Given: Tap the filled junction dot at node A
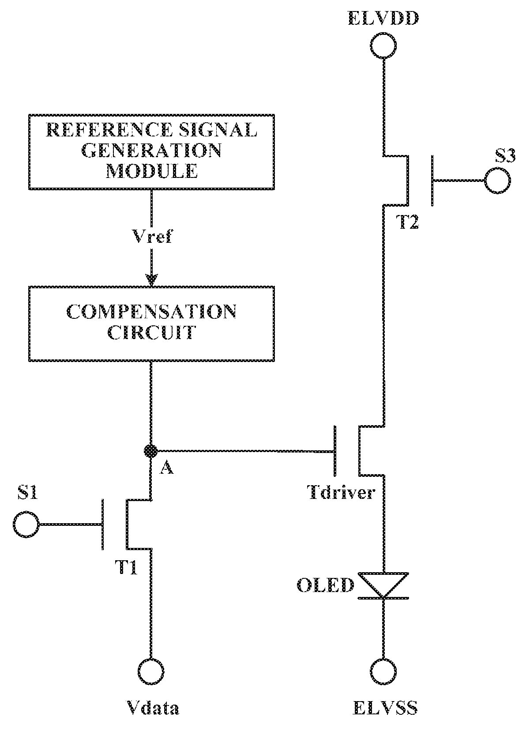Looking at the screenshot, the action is pyautogui.click(x=150, y=451).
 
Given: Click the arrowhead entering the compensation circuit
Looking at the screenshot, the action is pyautogui.click(x=151, y=280).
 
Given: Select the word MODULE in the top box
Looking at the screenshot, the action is pyautogui.click(x=152, y=170).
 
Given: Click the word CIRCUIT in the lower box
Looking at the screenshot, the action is pyautogui.click(x=152, y=332).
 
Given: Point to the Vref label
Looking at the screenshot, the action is pyautogui.click(x=152, y=236).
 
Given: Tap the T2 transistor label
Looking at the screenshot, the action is pyautogui.click(x=407, y=222).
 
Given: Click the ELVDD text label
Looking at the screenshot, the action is pyautogui.click(x=383, y=18).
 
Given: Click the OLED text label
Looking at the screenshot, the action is pyautogui.click(x=325, y=585).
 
